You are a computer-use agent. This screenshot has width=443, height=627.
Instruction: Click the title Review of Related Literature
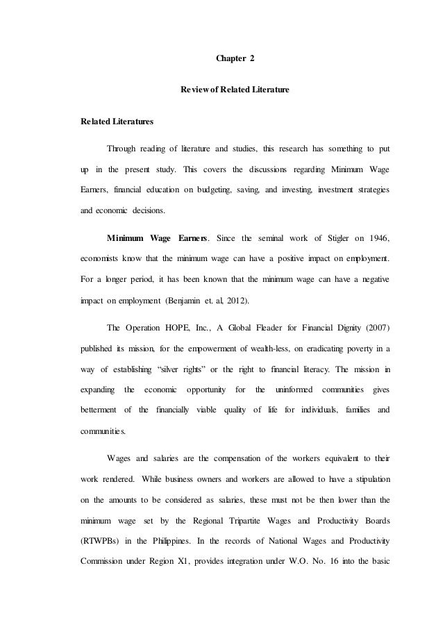coord(235,91)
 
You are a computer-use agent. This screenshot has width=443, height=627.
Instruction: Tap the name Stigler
coord(319,240)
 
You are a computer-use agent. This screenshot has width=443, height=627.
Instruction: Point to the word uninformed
coord(294,390)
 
